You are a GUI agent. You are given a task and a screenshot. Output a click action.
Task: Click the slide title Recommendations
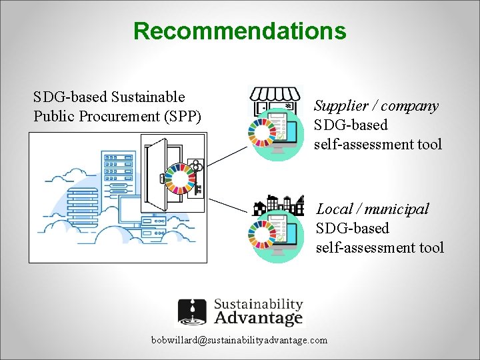point(239,31)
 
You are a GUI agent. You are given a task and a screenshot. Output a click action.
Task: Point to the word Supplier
point(341,105)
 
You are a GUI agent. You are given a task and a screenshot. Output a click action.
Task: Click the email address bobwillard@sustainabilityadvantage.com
point(239,340)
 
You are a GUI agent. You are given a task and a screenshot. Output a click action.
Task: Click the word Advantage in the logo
point(258,318)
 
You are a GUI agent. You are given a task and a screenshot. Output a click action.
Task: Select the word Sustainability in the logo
point(258,304)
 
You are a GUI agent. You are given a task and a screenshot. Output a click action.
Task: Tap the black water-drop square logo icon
point(193,312)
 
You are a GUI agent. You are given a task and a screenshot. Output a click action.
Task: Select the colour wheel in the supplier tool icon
point(260,132)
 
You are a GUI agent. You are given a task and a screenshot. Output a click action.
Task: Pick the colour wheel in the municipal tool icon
point(259,234)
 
